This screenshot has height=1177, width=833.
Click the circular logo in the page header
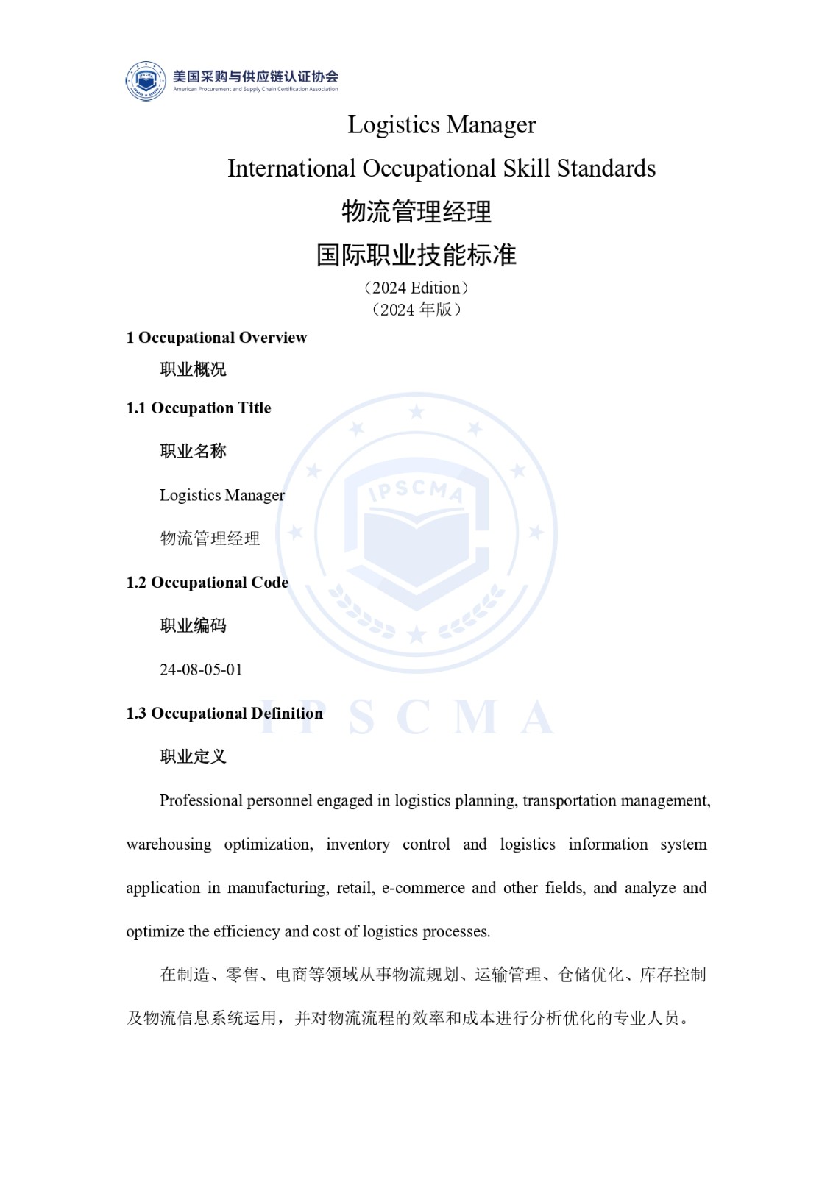[146, 81]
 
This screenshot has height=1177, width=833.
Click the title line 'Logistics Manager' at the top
[442, 125]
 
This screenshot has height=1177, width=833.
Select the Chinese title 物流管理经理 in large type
[416, 212]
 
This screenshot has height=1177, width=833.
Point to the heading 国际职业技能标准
[416, 255]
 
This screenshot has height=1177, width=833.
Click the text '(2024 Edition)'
[416, 288]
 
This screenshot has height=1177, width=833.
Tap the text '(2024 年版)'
[416, 310]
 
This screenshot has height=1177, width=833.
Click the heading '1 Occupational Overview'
[216, 338]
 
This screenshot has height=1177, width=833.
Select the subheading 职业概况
[193, 369]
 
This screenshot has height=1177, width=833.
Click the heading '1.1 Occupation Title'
[199, 408]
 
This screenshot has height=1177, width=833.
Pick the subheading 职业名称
[193, 451]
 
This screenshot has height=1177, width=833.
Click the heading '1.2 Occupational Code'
[208, 583]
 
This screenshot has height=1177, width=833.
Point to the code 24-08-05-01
[201, 669]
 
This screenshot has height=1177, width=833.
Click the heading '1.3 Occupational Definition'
[224, 714]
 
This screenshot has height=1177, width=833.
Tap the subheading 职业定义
[193, 756]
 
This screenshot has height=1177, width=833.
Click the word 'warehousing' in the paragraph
[169, 844]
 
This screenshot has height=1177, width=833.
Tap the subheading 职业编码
[193, 625]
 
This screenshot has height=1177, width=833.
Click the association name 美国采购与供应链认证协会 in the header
[255, 77]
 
